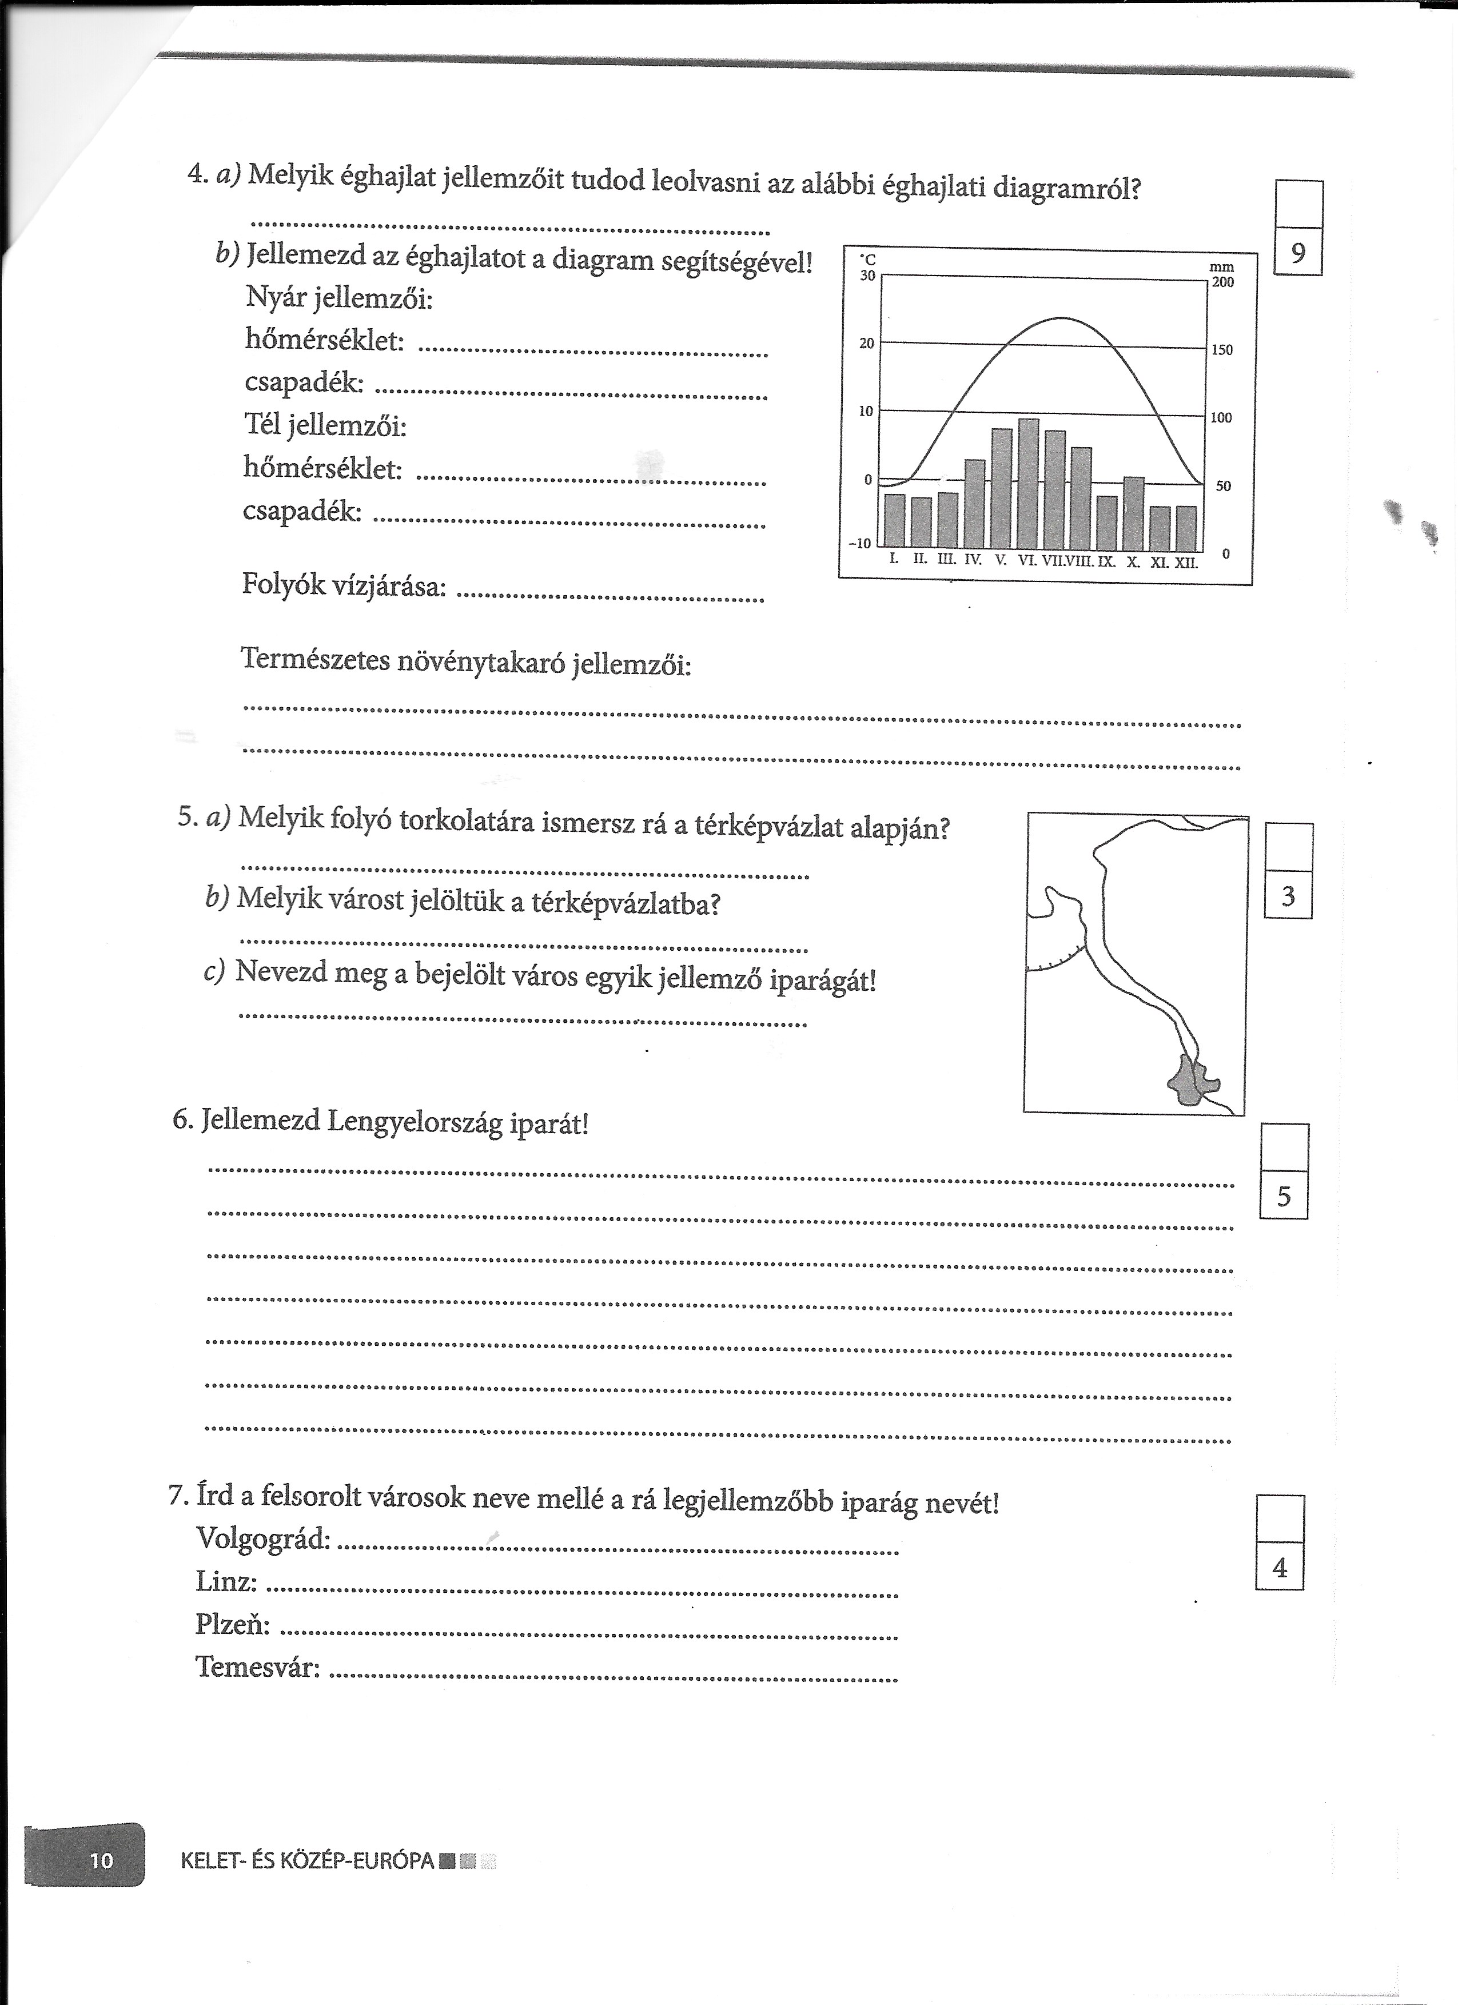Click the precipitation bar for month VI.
tap(1028, 484)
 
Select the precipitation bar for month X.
tap(1133, 513)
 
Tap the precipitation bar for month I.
tap(895, 521)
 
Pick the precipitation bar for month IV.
tap(974, 504)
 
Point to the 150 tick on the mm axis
tap(1221, 350)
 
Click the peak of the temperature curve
tap(1061, 318)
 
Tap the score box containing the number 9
tap(1297, 254)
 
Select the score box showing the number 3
tap(1288, 896)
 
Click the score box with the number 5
tap(1283, 1197)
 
